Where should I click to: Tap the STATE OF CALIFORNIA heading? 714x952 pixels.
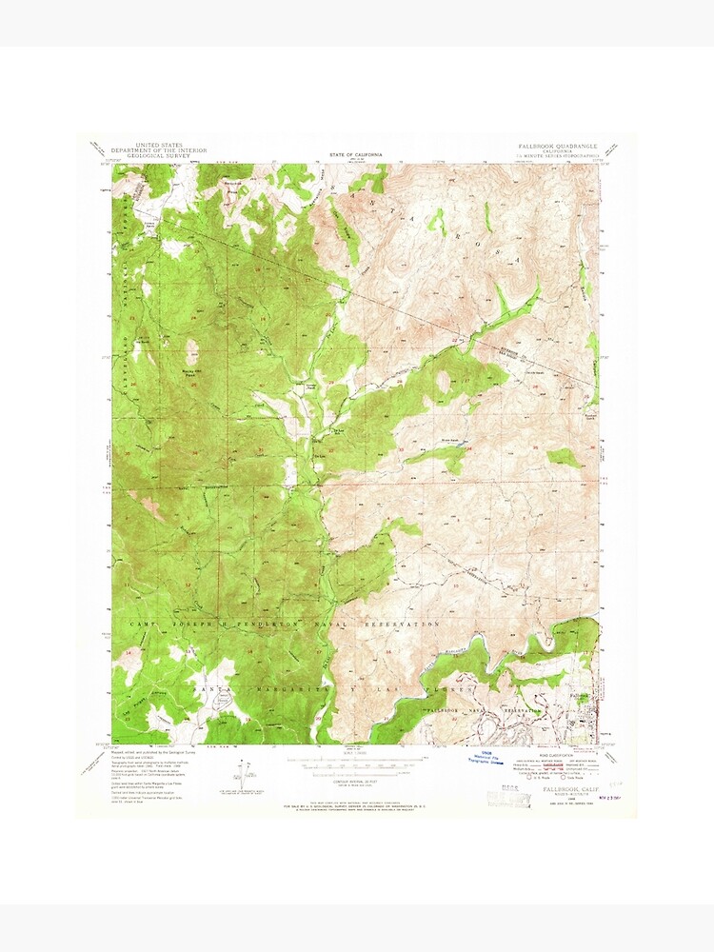pos(356,153)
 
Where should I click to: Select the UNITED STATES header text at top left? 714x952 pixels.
pos(159,145)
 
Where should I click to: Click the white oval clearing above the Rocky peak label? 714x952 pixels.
pos(192,351)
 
